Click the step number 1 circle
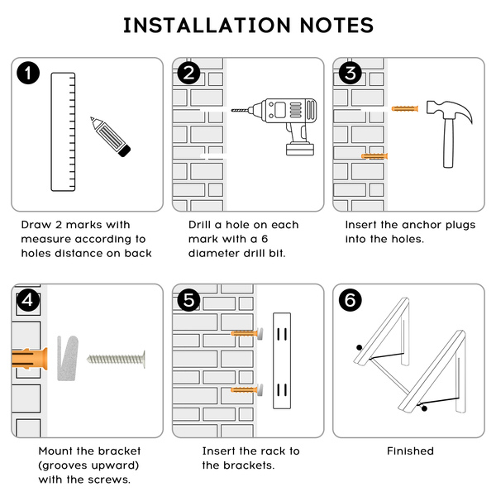point(28,73)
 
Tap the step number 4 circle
point(28,299)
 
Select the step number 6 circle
point(351,299)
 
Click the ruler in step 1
point(64,132)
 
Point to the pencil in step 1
point(110,136)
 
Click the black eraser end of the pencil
point(124,151)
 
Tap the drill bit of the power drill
point(240,111)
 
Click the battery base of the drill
point(300,150)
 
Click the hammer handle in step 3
point(448,143)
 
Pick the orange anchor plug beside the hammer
point(404,108)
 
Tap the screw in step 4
point(116,359)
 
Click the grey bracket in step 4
point(68,358)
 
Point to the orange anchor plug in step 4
point(30,359)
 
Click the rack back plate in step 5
point(282,361)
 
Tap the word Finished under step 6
point(410,451)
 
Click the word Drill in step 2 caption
point(199,225)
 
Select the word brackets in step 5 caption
point(255,465)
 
